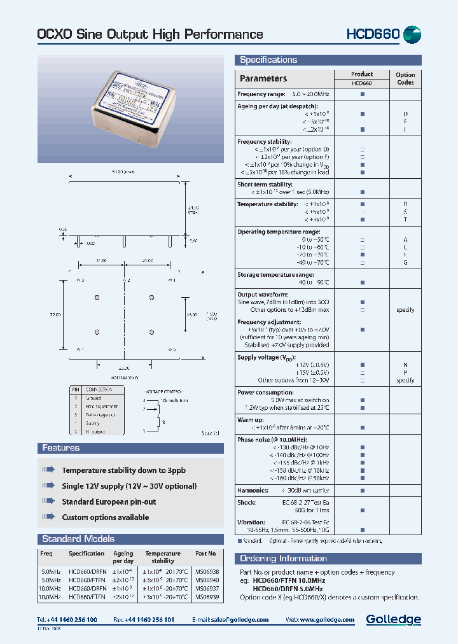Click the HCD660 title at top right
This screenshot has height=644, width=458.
pos(373,34)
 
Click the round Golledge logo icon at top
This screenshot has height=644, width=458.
pos(412,34)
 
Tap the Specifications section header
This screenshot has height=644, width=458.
pos(268,60)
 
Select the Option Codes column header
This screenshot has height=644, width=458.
pos(405,78)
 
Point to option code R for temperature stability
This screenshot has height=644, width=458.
pos(405,204)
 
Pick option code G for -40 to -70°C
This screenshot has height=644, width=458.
pos(405,262)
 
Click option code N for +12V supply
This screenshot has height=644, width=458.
pos(405,365)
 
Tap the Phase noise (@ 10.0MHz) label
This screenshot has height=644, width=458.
pos(272,440)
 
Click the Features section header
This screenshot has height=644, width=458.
pos(61,448)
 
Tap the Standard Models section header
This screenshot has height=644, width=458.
pos(78,539)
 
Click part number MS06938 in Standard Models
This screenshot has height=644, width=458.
pos(207,572)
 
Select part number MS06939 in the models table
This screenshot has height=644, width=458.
pos(207,598)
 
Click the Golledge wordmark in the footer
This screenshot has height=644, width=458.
pos(393,619)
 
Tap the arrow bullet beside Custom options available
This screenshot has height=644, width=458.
pos(48,517)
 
